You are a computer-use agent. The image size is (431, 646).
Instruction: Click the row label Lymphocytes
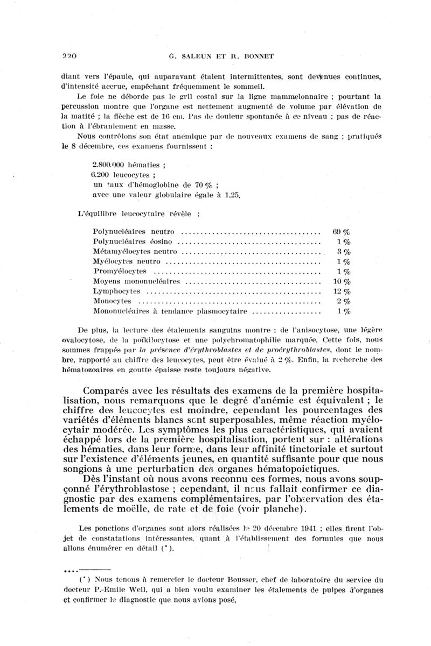117,291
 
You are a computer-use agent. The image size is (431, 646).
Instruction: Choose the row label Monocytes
112,301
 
